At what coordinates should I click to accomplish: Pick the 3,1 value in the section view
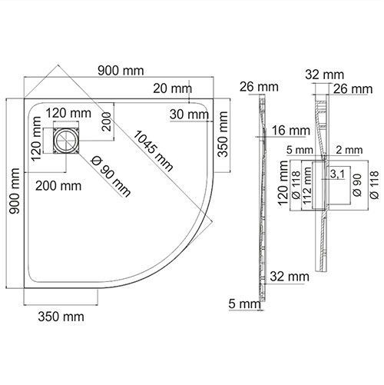coord(336,174)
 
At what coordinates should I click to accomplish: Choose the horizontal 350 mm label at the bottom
coord(61,315)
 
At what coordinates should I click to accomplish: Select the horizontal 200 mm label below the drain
coord(57,185)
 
